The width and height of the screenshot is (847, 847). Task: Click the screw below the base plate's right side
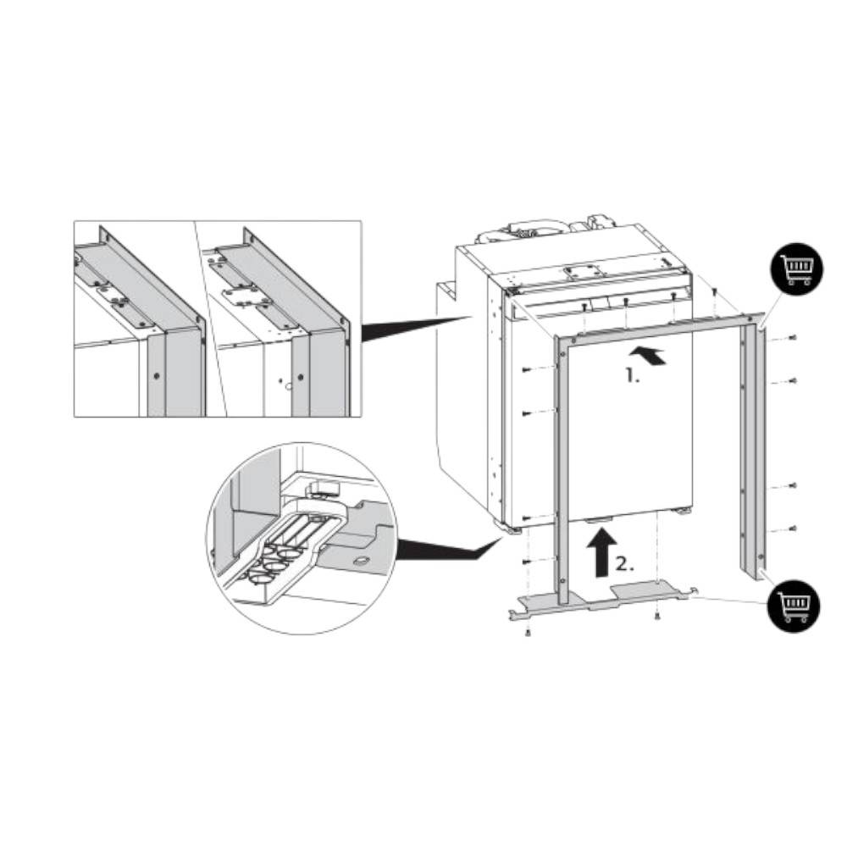tap(657, 615)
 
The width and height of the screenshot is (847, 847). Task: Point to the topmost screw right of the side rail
tap(792, 338)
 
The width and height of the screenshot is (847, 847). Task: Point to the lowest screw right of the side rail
tap(791, 528)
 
